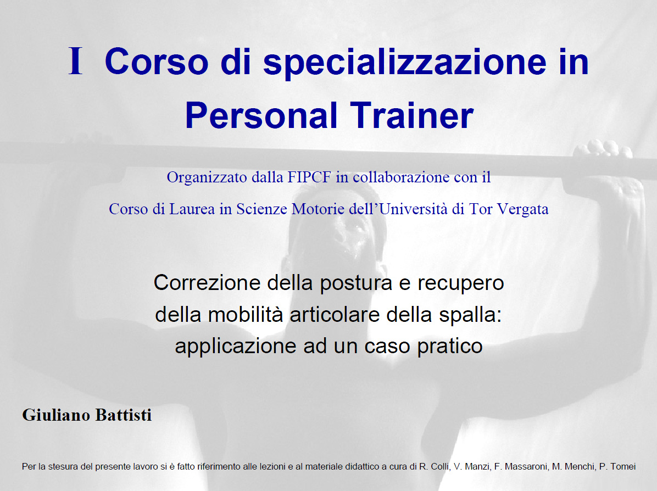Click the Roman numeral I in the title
75,61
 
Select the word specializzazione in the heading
405,63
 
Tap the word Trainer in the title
412,115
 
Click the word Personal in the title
261,115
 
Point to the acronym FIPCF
309,177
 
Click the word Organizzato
207,177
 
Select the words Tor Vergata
509,209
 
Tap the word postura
356,283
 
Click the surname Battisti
124,415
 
